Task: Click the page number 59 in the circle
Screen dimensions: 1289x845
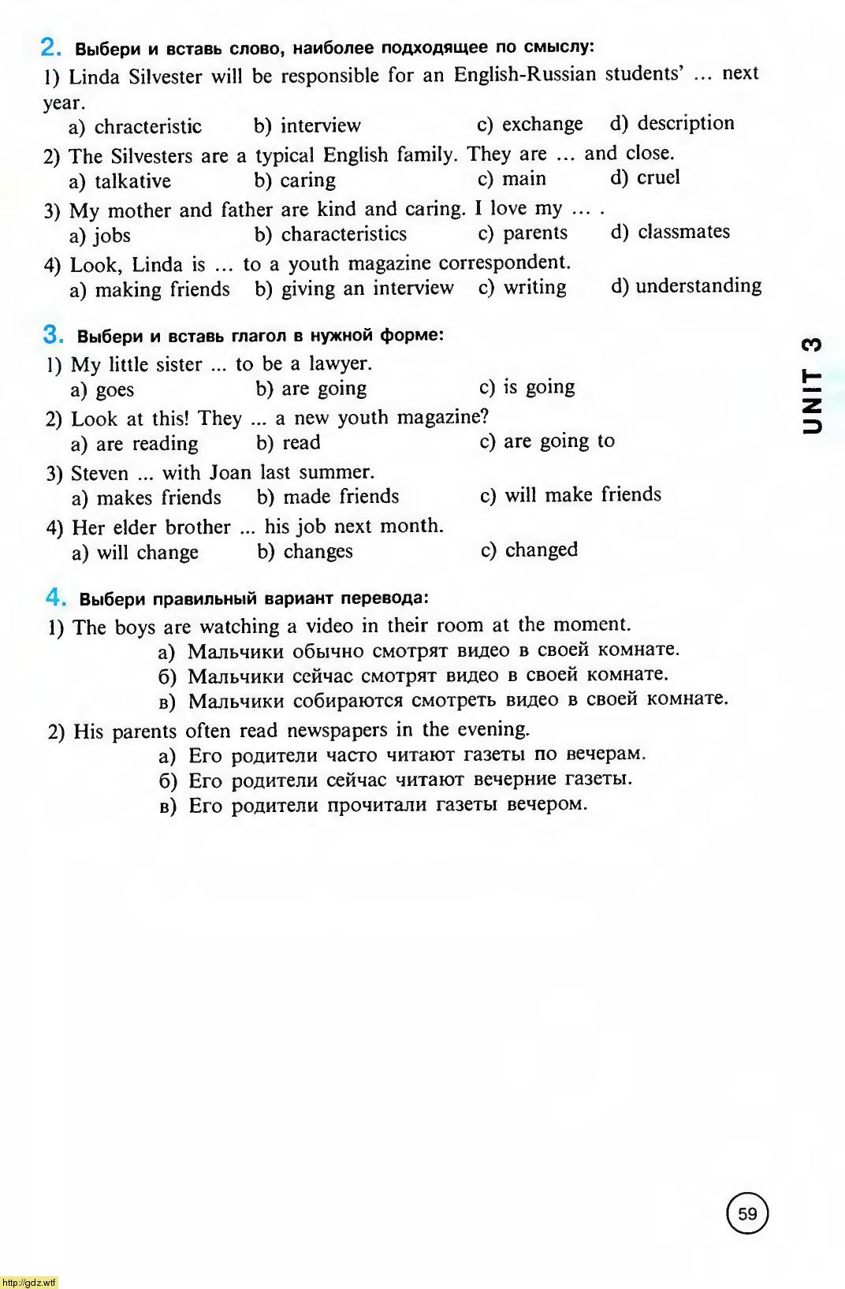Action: point(746,1213)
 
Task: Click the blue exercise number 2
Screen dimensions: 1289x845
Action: point(50,47)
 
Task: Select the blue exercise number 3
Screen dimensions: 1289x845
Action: point(53,335)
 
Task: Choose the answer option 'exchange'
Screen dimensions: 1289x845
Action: point(542,125)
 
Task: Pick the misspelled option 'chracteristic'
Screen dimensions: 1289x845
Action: point(147,127)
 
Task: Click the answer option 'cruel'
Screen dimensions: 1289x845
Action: point(657,177)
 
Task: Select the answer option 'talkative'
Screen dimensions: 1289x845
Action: point(132,181)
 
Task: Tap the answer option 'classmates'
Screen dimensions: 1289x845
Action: point(683,232)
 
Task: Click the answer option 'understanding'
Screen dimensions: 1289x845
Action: point(698,285)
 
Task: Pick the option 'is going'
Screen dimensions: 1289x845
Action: point(539,387)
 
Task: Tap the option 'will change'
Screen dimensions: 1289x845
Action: point(147,552)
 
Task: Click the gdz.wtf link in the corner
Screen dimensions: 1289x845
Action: point(28,1283)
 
